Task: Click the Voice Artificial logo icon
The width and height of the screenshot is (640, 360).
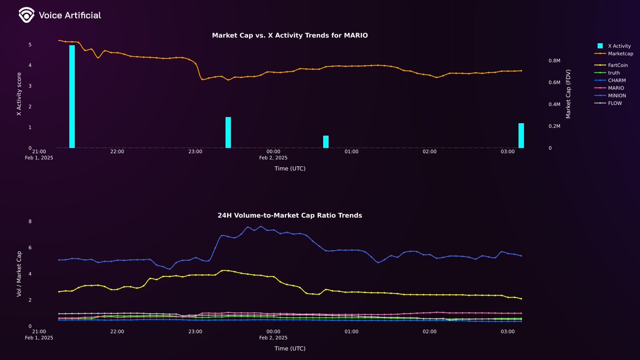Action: [26, 15]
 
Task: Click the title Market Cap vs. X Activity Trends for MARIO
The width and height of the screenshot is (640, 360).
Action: [290, 35]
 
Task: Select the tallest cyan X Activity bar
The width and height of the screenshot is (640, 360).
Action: [72, 97]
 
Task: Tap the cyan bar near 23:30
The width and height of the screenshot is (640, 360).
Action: [228, 132]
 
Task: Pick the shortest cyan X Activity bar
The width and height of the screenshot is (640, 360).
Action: [326, 142]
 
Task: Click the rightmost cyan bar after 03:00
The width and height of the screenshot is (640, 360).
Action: [521, 135]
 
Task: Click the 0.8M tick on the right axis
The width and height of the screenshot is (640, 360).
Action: [554, 61]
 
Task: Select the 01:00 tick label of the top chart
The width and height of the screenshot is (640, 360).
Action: [351, 152]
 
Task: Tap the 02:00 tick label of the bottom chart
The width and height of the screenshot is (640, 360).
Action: [429, 332]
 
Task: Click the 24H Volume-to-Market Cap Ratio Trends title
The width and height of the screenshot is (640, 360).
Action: [290, 215]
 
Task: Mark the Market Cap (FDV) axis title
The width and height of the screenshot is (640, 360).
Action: [568, 94]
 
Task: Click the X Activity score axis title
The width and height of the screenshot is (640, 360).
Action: [19, 94]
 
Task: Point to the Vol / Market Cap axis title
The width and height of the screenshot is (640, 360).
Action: [19, 274]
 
